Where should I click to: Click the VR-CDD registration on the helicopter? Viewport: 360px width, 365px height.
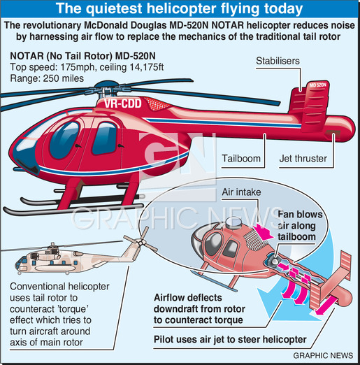123,103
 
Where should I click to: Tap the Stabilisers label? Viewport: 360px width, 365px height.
278,61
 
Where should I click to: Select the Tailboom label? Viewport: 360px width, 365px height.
241,159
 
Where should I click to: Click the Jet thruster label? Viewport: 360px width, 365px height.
303,159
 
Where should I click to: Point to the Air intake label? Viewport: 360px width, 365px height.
241,192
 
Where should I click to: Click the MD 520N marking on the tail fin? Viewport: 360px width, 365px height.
318,85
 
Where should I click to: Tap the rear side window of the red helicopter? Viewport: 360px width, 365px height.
105,138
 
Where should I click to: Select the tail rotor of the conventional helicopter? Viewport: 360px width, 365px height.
141,242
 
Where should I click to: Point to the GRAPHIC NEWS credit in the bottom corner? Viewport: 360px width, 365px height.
323,355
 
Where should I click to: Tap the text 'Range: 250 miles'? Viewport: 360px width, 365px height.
47,78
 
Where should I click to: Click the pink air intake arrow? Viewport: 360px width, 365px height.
263,232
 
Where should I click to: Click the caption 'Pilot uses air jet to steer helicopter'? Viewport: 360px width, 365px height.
230,339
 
